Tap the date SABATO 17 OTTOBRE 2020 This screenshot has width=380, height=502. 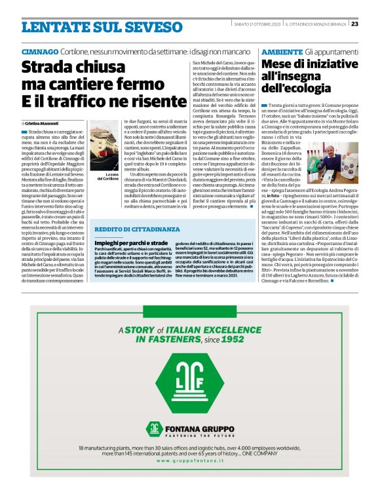(x=257, y=24)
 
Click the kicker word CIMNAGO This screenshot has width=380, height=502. (x=39, y=51)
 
